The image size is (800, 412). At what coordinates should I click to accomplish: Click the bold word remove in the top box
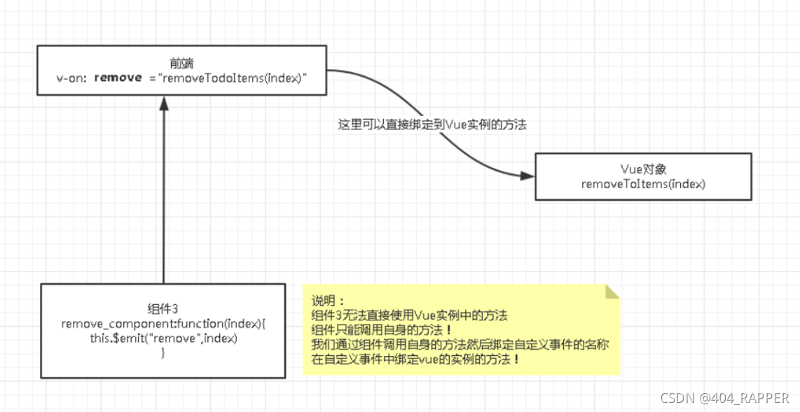tap(118, 77)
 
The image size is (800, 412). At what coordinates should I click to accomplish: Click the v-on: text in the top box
tap(72, 78)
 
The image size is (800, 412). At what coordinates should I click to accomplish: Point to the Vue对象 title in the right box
tap(642, 169)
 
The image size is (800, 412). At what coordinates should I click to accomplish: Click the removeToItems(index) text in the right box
tap(642, 184)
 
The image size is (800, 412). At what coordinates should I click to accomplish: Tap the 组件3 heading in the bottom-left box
tap(163, 308)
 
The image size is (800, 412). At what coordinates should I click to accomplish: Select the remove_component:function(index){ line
tap(163, 324)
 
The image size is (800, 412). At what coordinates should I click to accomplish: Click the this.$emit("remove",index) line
tap(163, 339)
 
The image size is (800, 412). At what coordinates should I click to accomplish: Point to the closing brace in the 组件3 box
tap(163, 354)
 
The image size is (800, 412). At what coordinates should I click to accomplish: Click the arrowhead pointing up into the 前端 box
tap(163, 104)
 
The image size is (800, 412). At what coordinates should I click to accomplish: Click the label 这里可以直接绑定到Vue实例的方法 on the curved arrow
tap(432, 125)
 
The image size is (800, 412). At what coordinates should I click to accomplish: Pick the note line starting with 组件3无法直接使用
tap(409, 315)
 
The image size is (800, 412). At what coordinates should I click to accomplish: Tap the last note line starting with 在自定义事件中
tap(416, 360)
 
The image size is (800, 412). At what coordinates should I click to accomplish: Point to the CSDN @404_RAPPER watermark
tap(724, 398)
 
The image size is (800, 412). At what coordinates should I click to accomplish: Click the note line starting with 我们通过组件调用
tap(460, 345)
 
